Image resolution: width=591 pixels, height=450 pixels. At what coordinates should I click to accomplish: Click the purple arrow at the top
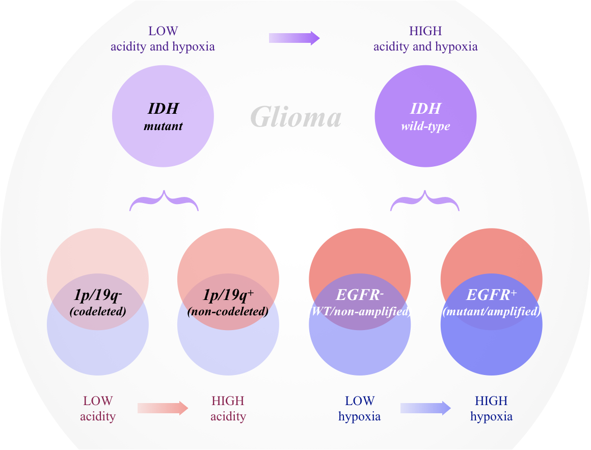coord(294,38)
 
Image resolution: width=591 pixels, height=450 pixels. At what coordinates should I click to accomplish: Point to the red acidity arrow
coord(163,408)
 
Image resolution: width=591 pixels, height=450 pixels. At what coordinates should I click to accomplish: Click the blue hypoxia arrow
coord(425,408)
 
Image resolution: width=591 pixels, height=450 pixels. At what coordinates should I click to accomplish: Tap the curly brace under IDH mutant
coord(164,201)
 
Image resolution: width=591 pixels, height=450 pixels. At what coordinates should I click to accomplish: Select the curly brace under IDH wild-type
coord(425,201)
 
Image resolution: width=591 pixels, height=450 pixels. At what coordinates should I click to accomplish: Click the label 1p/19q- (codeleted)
coord(98,302)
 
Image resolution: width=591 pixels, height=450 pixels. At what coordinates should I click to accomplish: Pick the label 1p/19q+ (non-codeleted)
coord(228,302)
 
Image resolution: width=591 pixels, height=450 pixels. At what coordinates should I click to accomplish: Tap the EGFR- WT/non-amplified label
coord(360,302)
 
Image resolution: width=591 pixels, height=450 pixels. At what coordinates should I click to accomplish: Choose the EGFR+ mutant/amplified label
coord(491,302)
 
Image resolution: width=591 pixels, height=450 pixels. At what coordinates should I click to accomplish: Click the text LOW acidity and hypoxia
coord(163,39)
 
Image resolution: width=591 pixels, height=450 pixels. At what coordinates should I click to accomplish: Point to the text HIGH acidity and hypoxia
coord(425,39)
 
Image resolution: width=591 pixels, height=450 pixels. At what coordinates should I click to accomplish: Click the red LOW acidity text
coord(98,409)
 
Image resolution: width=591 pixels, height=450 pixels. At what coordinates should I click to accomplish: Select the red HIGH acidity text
coord(228,409)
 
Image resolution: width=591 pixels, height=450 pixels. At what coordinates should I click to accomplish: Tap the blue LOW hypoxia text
coord(360,409)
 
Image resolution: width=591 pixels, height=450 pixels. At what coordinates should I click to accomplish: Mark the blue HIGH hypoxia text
coord(491,409)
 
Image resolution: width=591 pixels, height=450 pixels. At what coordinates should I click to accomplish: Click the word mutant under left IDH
coord(163,126)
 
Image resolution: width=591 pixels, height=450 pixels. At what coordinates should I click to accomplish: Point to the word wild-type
coord(425,126)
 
